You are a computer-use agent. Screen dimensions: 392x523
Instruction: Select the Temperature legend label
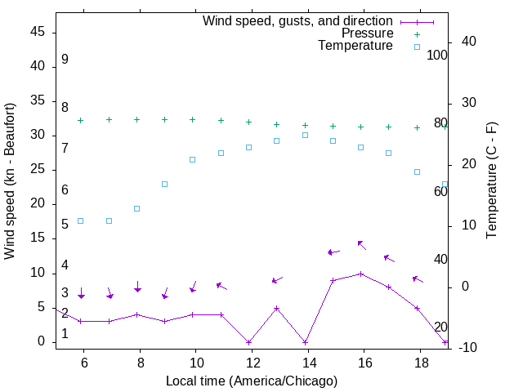[x=355, y=47]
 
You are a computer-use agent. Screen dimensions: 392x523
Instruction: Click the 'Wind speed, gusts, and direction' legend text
[x=297, y=20]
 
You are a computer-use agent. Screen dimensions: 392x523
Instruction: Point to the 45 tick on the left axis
[x=38, y=32]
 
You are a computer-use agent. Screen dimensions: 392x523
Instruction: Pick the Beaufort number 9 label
[x=65, y=60]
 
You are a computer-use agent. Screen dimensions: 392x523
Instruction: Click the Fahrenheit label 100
[x=438, y=55]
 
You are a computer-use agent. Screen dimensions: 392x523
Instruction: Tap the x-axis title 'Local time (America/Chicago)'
[x=251, y=381]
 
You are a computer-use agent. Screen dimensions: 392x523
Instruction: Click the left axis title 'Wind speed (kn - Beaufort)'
[x=10, y=181]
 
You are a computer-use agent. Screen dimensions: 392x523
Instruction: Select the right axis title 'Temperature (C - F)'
[x=491, y=181]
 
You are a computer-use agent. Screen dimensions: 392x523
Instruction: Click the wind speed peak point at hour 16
[x=361, y=274]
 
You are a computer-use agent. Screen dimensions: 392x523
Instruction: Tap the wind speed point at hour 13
[x=277, y=308]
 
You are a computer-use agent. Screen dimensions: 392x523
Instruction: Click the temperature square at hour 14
[x=305, y=135]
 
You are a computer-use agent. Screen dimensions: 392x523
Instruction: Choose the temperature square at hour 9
[x=165, y=184]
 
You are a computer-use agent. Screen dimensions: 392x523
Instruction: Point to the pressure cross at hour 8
[x=137, y=119]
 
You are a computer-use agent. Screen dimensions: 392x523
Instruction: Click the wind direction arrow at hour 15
[x=333, y=252]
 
